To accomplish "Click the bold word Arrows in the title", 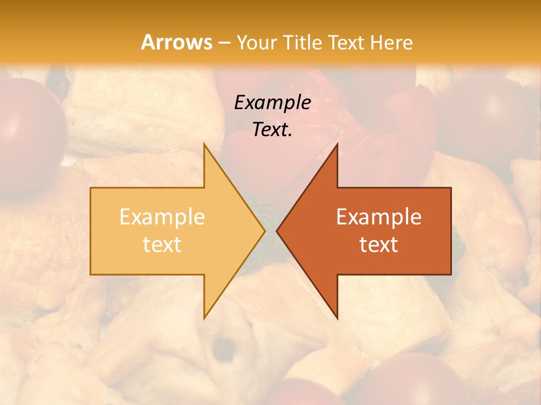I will click(x=176, y=42).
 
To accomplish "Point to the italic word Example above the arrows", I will click(x=272, y=102).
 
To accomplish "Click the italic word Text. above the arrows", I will click(x=272, y=129).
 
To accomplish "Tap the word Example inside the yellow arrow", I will click(x=162, y=217).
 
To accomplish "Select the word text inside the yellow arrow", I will click(x=162, y=244).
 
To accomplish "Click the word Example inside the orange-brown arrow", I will click(x=379, y=217).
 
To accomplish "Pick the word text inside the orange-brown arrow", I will click(x=379, y=244).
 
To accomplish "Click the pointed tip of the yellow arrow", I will click(x=264, y=231).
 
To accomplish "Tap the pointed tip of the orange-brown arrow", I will click(x=277, y=231).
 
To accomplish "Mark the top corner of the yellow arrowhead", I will click(x=204, y=143).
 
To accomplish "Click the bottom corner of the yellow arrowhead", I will click(x=204, y=318).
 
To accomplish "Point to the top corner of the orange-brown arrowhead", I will click(x=337, y=143).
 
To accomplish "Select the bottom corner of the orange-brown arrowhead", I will click(x=337, y=318).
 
